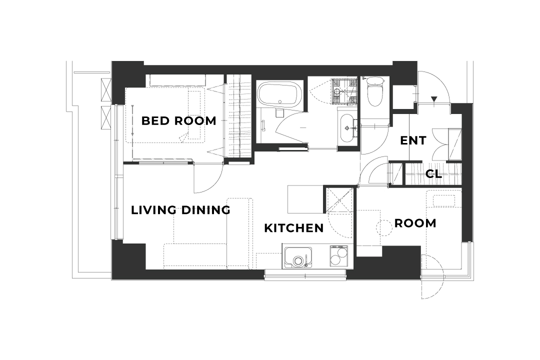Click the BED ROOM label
click(x=178, y=121)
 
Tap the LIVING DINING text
click(x=180, y=210)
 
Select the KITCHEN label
click(x=294, y=228)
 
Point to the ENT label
click(x=413, y=140)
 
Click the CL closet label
click(x=433, y=174)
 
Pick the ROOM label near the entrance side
click(x=415, y=223)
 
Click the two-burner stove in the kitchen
click(x=338, y=256)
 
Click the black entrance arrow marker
click(x=434, y=99)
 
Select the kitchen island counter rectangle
click(x=305, y=199)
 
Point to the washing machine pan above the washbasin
click(x=343, y=91)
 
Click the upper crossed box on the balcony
click(x=106, y=90)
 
